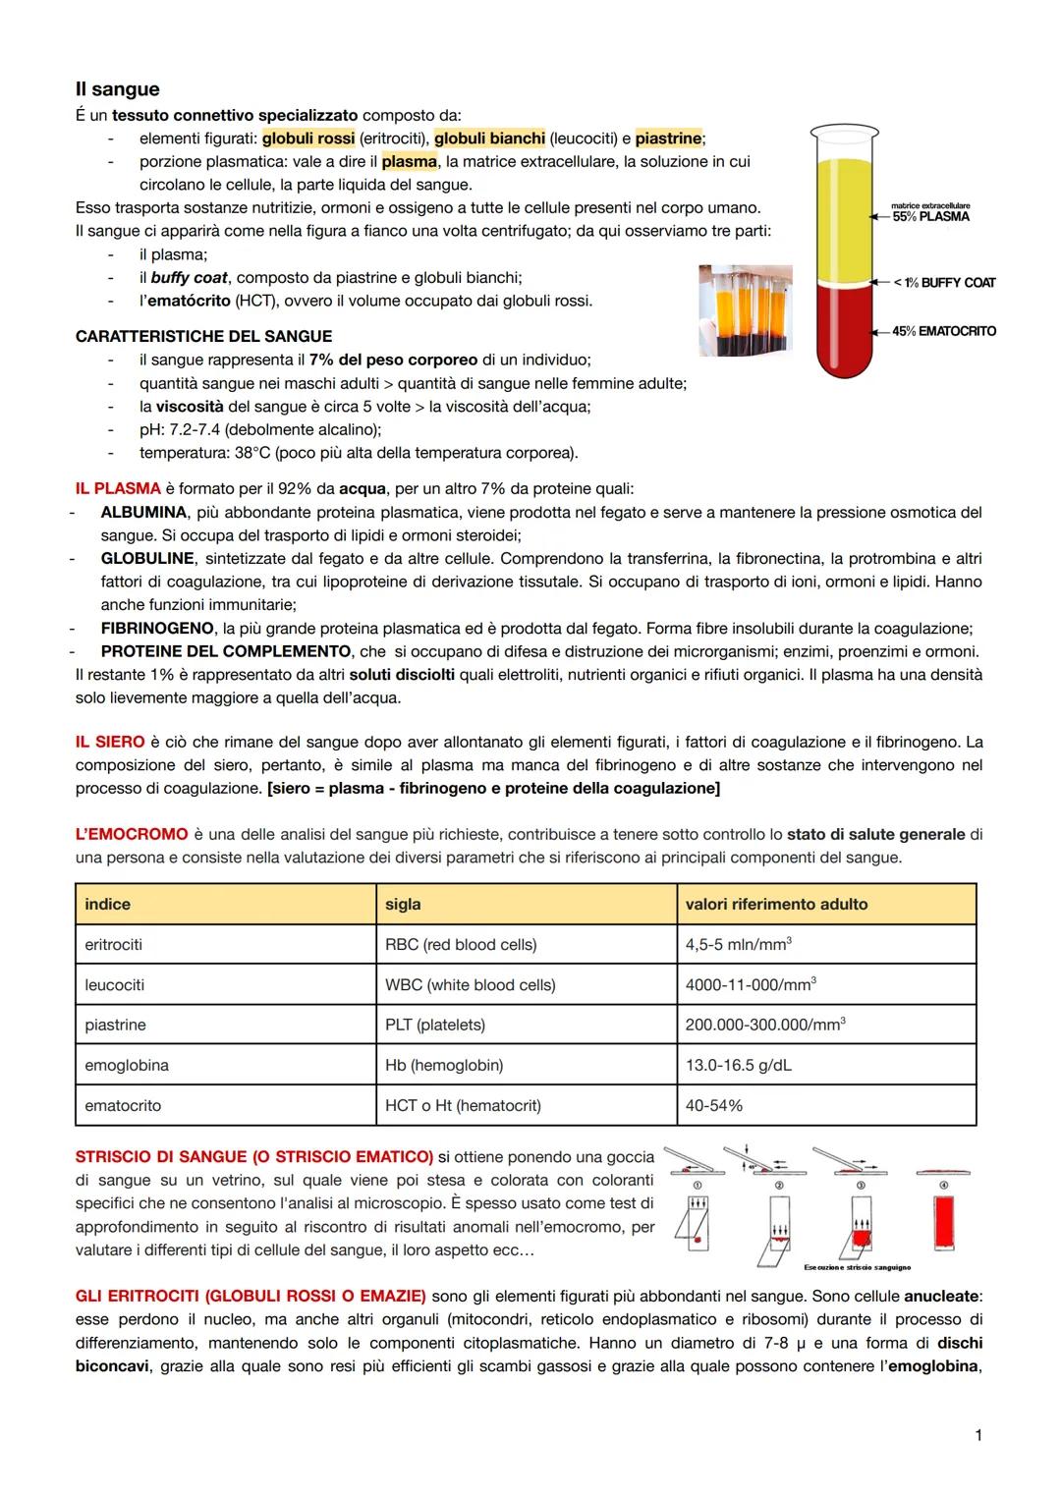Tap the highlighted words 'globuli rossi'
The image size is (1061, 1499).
click(308, 139)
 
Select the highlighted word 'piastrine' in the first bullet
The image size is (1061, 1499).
click(669, 139)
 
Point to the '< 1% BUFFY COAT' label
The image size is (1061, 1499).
click(943, 283)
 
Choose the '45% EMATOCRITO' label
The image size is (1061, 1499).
click(943, 331)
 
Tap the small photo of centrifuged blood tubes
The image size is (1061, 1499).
click(745, 309)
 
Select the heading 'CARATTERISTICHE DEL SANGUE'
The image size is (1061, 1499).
click(203, 337)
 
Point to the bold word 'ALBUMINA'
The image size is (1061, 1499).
click(143, 512)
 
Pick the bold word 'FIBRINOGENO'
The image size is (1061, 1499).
click(157, 628)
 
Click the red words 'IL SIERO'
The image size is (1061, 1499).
click(110, 742)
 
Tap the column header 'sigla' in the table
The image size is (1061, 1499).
click(403, 904)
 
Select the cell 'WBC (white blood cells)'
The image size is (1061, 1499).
click(470, 984)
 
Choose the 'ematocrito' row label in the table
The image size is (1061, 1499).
click(123, 1105)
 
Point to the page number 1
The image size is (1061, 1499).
click(977, 1435)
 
